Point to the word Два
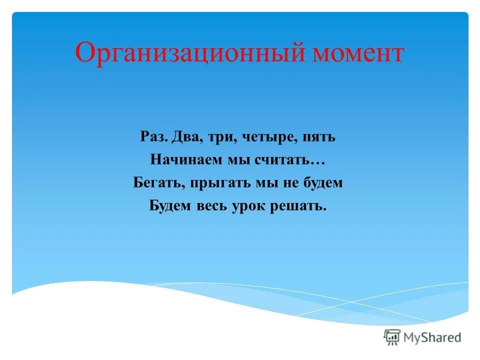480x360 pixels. [184, 137]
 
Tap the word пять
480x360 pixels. [318, 137]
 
